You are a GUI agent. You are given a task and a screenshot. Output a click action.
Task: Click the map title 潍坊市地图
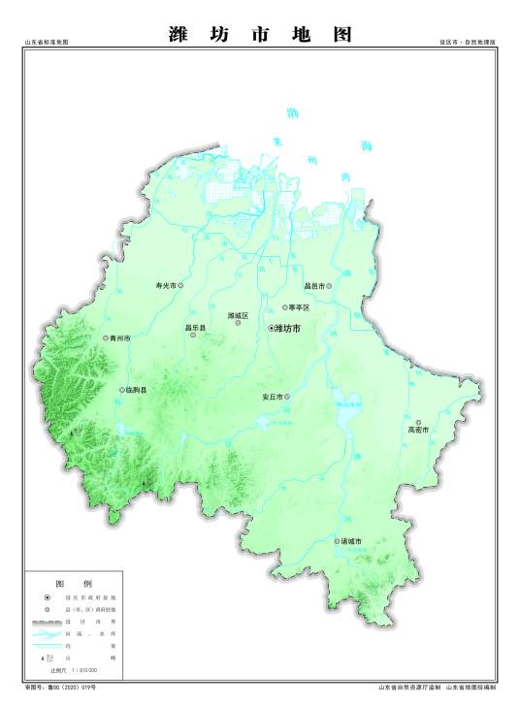tap(260, 35)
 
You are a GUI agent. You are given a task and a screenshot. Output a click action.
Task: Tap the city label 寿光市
tap(166, 286)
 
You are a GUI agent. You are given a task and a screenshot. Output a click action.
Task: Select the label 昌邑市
tap(314, 286)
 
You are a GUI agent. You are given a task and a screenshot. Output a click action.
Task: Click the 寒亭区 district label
tap(299, 307)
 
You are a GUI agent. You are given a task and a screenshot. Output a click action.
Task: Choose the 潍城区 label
tap(238, 316)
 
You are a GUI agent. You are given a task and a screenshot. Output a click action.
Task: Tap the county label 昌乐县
tap(196, 328)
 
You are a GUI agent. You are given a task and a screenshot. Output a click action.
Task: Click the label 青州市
tap(120, 338)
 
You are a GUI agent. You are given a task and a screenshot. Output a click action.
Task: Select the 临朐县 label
tap(136, 390)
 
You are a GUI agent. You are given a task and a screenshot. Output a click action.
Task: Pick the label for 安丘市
tap(272, 398)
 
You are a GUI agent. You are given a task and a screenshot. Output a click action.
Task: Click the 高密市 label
tap(417, 430)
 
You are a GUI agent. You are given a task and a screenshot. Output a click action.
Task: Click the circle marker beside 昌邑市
tap(329, 286)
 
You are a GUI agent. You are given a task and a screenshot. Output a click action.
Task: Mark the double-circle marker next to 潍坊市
tap(272, 330)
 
